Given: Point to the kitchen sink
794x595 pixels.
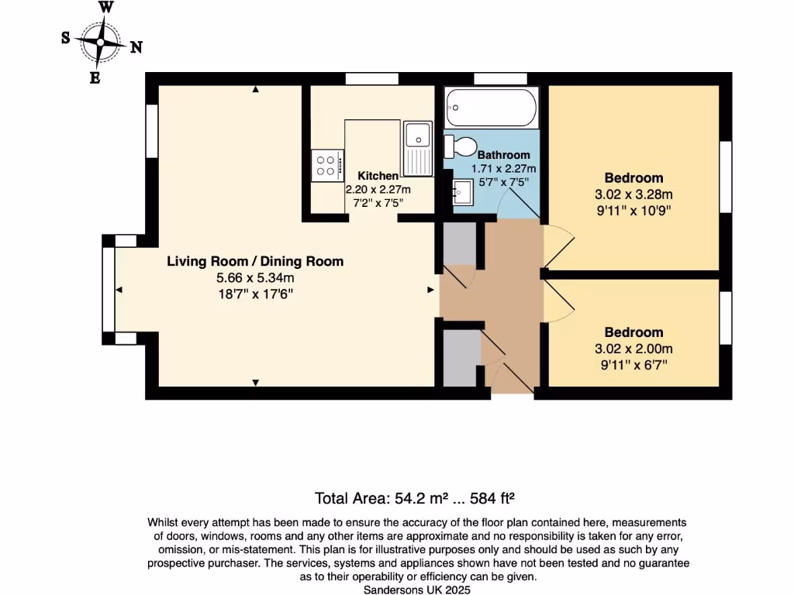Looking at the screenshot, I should (x=418, y=136).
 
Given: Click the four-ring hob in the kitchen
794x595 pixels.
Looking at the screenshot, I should (x=326, y=165).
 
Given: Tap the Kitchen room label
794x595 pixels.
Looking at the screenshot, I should (x=378, y=176).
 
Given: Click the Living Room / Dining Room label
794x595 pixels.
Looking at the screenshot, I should (x=255, y=261).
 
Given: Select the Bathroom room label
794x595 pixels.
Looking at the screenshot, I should (x=504, y=155).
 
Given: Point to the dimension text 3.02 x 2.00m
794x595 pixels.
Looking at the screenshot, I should (x=634, y=348).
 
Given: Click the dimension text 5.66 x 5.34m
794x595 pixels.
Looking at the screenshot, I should (x=255, y=277).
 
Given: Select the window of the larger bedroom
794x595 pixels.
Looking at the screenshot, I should (x=726, y=177).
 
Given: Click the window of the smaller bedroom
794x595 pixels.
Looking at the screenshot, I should (x=726, y=318).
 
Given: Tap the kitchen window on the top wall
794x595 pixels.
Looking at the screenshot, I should (x=372, y=78).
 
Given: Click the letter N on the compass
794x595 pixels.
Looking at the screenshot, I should (x=136, y=47).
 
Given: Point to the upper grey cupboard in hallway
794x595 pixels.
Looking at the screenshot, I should (x=457, y=243).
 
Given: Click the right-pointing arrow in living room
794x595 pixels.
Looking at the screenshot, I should (x=430, y=290).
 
